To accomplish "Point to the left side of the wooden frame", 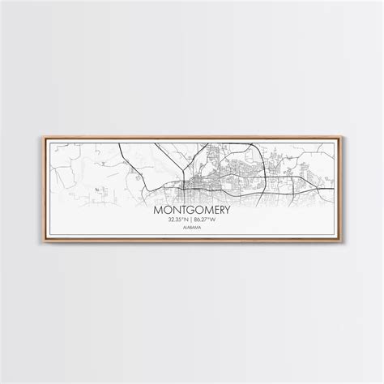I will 41,192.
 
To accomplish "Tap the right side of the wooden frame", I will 343,192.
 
